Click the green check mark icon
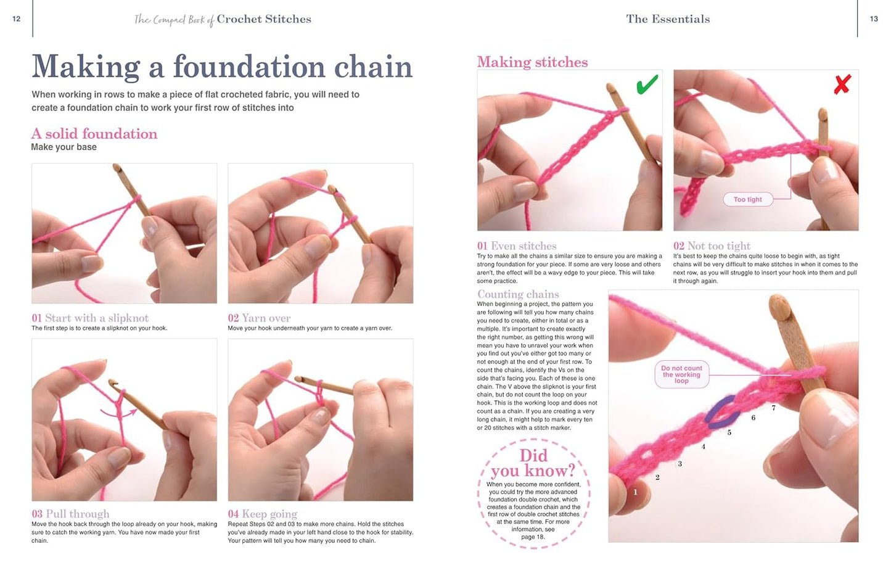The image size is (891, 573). pyautogui.click(x=647, y=85)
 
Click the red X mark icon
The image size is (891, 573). pyautogui.click(x=842, y=85)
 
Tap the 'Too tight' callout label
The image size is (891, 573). pyautogui.click(x=747, y=199)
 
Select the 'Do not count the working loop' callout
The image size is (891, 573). pyautogui.click(x=681, y=374)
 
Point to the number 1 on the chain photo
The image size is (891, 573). pyautogui.click(x=635, y=492)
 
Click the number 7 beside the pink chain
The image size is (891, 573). pyautogui.click(x=773, y=408)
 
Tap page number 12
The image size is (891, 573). pyautogui.click(x=17, y=19)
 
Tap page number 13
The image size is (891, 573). pyautogui.click(x=873, y=19)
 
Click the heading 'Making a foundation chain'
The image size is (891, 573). pyautogui.click(x=222, y=67)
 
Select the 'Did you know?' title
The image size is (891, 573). pyautogui.click(x=533, y=463)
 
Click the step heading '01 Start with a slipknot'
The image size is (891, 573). pyautogui.click(x=90, y=318)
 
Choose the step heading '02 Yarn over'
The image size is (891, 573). pyautogui.click(x=259, y=318)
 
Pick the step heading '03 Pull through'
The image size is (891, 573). pyautogui.click(x=70, y=514)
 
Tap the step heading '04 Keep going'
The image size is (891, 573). pyautogui.click(x=262, y=514)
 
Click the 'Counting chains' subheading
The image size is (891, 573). pyautogui.click(x=518, y=294)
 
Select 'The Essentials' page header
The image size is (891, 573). pyautogui.click(x=668, y=19)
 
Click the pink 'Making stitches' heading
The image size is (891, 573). pyautogui.click(x=532, y=62)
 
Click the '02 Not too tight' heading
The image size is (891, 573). pyautogui.click(x=712, y=245)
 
